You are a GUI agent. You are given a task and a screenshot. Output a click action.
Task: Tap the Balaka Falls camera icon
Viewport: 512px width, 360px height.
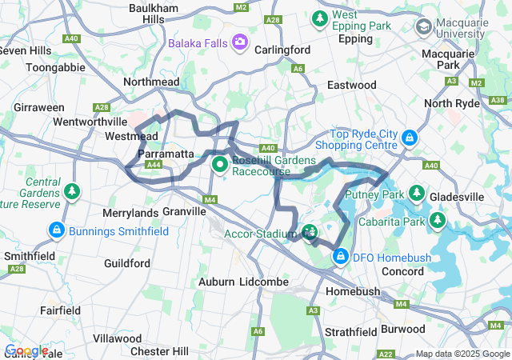pos(239,42)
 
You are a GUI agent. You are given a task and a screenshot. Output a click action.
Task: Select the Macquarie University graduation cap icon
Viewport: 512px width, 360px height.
pos(423,28)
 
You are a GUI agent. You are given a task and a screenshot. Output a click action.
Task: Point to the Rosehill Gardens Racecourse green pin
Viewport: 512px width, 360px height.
pos(220,165)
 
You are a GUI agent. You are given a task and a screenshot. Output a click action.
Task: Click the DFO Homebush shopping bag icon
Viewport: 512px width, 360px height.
pos(341,257)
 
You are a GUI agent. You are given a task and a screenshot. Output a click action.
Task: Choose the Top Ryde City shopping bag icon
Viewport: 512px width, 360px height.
pos(409,138)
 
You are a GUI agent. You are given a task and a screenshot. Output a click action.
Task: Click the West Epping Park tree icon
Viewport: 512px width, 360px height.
pos(320,17)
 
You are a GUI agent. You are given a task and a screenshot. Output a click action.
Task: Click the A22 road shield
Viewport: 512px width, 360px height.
pos(386,353)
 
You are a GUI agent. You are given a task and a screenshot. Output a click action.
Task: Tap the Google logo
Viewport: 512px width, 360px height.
pos(26,350)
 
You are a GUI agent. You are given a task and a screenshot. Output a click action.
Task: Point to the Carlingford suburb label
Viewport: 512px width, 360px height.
pos(282,50)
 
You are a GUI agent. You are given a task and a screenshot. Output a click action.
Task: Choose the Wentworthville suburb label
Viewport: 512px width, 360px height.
pos(90,122)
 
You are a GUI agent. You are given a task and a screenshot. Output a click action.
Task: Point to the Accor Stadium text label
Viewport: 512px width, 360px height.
pos(254,234)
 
